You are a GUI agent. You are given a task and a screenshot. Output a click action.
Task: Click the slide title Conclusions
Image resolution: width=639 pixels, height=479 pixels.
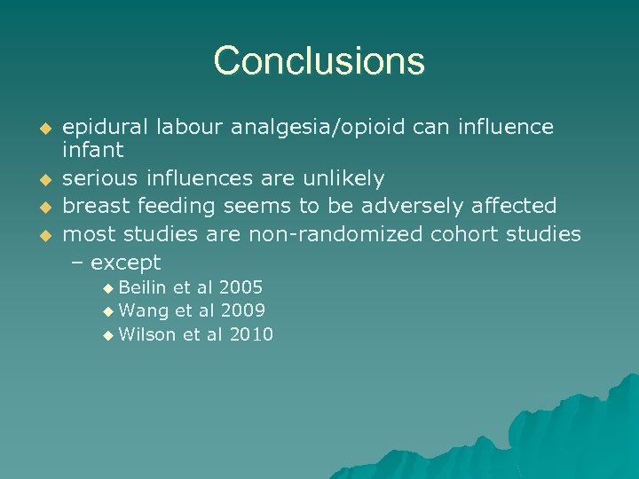click(319, 61)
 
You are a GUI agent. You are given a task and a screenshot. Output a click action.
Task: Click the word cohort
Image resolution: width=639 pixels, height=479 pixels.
click(466, 234)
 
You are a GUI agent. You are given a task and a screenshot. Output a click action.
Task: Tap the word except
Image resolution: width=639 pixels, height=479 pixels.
click(126, 263)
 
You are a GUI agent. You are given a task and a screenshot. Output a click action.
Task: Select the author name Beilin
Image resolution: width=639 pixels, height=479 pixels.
click(142, 287)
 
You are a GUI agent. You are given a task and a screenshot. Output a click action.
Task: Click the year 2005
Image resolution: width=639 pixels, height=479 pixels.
click(241, 287)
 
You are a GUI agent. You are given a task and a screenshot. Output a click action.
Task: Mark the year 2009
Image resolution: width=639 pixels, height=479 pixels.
click(243, 310)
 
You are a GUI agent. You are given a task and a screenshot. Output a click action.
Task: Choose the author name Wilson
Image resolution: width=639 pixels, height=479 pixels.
click(146, 334)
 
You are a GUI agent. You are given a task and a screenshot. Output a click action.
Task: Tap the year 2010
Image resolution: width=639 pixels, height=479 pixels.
click(251, 334)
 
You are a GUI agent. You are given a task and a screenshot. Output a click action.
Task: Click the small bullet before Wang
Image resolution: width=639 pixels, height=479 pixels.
click(108, 311)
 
